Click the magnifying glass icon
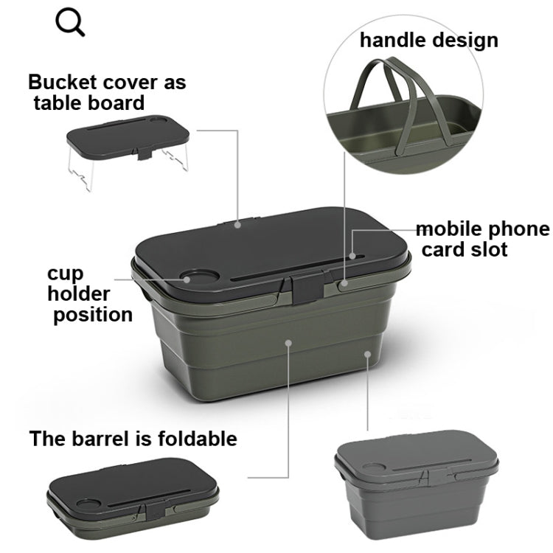(71, 23)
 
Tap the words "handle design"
(428, 40)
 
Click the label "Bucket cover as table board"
(106, 91)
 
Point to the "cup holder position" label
(89, 293)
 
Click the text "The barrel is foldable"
(133, 439)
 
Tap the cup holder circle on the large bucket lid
(197, 279)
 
